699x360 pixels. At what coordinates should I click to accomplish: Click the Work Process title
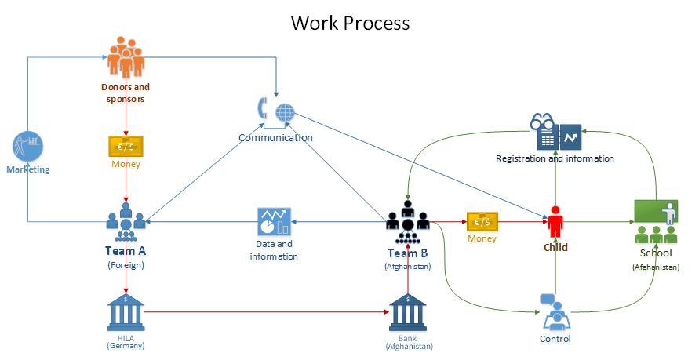(x=350, y=22)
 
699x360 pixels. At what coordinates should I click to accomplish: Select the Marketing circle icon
(x=27, y=147)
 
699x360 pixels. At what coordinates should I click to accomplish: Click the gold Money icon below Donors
(x=126, y=147)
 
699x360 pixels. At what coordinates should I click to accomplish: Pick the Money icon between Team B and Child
(x=482, y=222)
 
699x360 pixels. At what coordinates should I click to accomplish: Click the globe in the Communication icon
(x=284, y=113)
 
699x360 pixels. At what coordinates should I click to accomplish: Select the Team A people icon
(x=126, y=222)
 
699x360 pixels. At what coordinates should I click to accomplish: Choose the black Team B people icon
(x=407, y=223)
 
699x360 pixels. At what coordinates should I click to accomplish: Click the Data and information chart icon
(x=275, y=222)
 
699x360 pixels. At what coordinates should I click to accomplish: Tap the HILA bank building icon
(x=126, y=312)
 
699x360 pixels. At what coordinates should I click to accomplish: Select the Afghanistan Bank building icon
(x=408, y=312)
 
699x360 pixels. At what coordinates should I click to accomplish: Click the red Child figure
(x=556, y=222)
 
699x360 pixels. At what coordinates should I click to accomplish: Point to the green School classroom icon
(x=656, y=222)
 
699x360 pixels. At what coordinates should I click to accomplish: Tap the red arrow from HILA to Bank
(x=267, y=312)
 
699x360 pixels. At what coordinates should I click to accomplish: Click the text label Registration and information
(x=555, y=158)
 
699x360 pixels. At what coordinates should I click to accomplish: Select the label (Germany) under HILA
(x=126, y=346)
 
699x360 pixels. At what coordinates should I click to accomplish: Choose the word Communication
(x=275, y=137)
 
